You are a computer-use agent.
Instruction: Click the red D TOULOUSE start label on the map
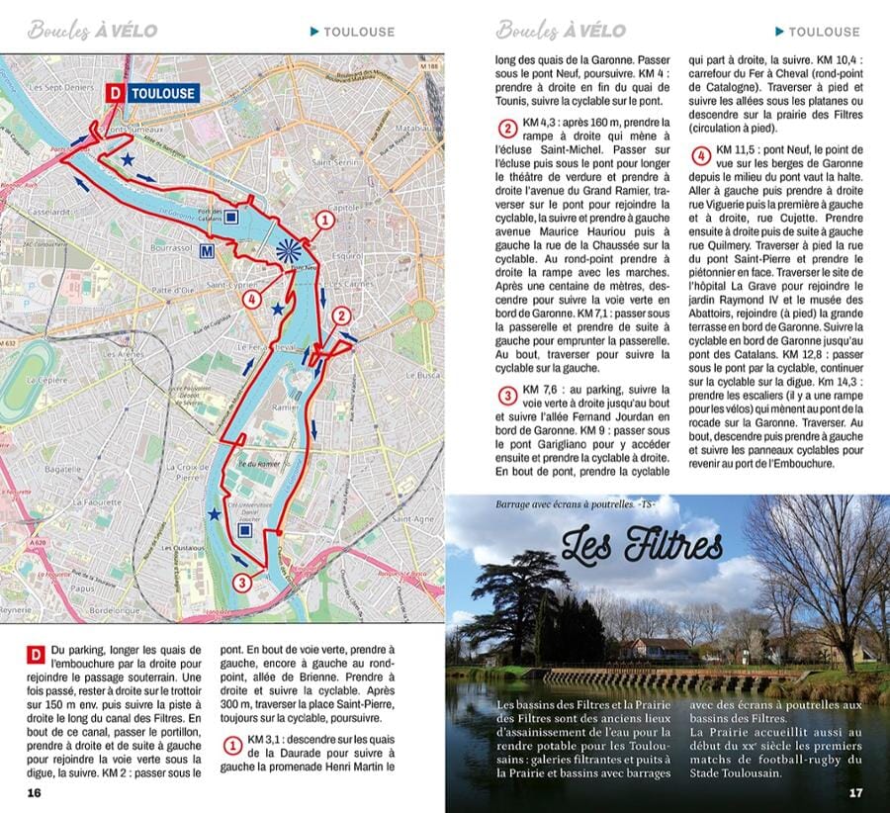tap(151, 93)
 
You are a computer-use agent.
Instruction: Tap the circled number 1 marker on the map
tap(321, 220)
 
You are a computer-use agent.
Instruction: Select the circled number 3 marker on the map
tap(242, 582)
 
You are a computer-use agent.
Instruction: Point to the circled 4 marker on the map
tap(253, 299)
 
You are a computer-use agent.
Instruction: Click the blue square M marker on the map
tap(208, 250)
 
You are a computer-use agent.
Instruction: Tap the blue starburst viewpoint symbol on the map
tap(287, 249)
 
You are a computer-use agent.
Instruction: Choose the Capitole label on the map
tap(343, 208)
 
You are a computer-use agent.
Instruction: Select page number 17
tap(855, 792)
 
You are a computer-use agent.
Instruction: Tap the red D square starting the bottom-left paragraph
tap(35, 654)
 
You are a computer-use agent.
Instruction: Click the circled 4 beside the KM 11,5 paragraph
tap(700, 155)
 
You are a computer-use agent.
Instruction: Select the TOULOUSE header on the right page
tap(823, 32)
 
